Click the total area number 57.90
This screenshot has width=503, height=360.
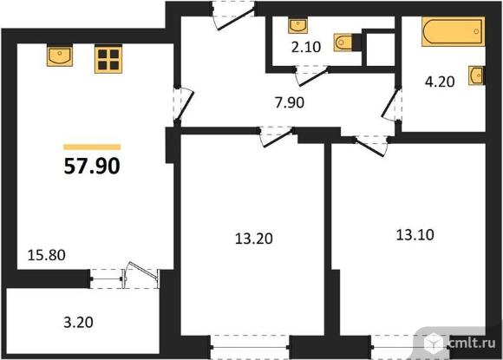pos(92,166)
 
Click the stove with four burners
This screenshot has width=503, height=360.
pos(108,58)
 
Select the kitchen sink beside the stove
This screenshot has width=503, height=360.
pos(59,57)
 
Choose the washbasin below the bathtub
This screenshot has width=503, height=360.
pos(476,76)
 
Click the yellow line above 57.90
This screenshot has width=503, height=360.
pos(92,147)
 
